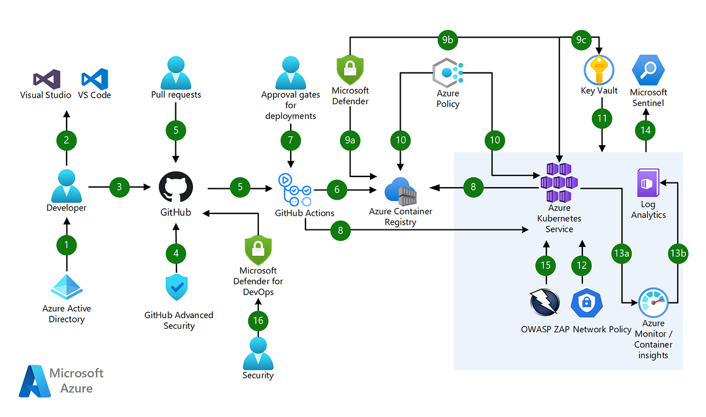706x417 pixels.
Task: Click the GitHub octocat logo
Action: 175,188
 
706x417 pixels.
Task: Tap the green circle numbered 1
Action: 66,245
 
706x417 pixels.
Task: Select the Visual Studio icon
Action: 46,78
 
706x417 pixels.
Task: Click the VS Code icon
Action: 95,78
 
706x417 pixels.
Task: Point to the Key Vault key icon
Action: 599,71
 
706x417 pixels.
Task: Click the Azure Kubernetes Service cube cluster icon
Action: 559,181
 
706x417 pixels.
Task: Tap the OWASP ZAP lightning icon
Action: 545,303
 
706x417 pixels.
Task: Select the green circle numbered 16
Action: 258,321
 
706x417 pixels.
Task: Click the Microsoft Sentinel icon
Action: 648,71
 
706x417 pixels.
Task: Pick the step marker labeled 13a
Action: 622,253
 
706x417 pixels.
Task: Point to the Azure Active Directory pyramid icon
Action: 66,286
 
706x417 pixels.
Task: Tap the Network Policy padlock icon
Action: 585,303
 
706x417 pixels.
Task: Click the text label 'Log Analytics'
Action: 648,210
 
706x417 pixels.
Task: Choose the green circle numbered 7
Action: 290,141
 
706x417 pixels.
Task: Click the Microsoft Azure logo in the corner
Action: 61,381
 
